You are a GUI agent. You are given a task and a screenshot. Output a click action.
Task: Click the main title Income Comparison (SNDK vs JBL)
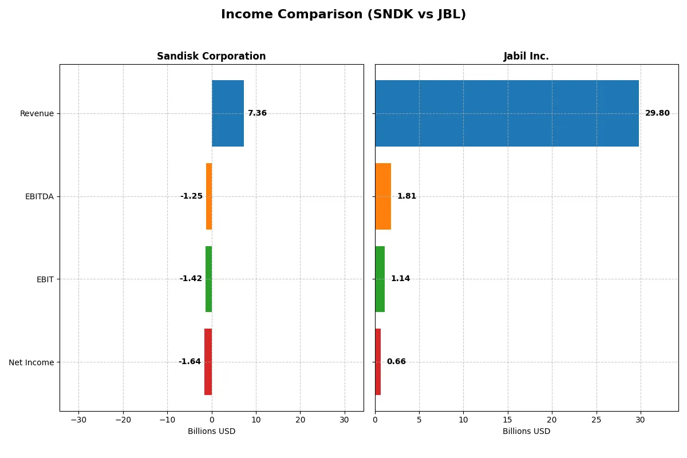point(343,15)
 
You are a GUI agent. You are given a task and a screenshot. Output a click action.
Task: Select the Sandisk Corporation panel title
point(211,57)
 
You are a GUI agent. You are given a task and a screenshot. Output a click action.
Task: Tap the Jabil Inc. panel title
point(526,57)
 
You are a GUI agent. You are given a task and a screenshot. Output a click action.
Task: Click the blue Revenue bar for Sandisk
point(228,113)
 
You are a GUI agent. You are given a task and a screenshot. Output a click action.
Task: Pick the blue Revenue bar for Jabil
point(507,113)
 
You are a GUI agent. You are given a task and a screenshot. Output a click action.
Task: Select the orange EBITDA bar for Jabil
point(383,196)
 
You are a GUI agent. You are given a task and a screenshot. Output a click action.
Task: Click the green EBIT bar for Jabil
point(380,279)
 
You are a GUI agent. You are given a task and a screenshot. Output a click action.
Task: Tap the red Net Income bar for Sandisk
point(208,362)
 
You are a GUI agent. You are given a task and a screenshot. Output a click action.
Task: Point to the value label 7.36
point(257,113)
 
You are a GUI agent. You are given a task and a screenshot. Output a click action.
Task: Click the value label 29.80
point(657,113)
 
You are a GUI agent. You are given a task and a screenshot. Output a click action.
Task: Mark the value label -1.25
point(191,196)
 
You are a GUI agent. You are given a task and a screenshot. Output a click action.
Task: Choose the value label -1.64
point(189,362)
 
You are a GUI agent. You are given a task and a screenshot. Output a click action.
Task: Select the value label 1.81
point(406,196)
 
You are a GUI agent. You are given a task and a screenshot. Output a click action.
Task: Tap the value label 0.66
point(396,362)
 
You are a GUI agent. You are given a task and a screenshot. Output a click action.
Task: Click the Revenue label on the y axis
point(37,113)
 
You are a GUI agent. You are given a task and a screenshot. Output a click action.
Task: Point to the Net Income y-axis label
point(31,362)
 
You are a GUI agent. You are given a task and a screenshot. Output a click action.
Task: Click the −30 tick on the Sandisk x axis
point(78,420)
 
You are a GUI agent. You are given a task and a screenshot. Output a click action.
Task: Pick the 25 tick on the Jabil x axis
point(597,420)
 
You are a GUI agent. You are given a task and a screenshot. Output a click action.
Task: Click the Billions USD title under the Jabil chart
point(526,431)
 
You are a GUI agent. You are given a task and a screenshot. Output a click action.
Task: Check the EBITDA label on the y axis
point(39,196)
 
